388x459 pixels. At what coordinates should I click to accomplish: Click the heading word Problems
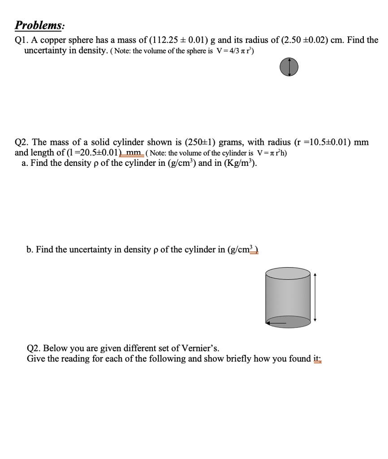(39, 25)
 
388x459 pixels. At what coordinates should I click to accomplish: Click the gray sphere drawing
(289, 67)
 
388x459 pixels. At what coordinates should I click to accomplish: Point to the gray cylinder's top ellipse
(288, 273)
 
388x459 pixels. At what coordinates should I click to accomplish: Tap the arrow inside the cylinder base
(277, 321)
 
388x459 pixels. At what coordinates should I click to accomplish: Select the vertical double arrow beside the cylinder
(315, 297)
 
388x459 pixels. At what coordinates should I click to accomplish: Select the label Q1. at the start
(21, 40)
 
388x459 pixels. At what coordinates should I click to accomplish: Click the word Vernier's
(198, 348)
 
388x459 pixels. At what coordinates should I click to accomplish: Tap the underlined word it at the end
(318, 359)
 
